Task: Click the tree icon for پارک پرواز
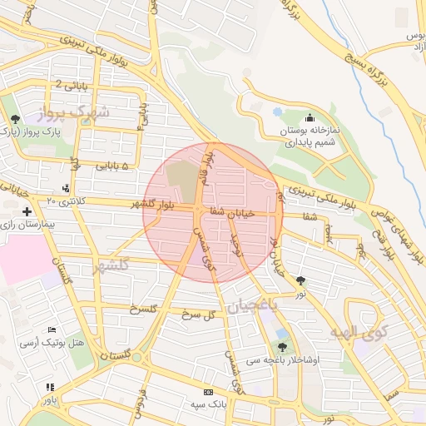(x=16, y=119)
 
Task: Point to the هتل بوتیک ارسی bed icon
(x=52, y=330)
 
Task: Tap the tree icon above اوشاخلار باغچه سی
(x=282, y=347)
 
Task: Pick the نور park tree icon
(x=300, y=281)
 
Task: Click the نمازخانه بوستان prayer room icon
(x=310, y=118)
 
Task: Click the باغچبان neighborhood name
(x=246, y=305)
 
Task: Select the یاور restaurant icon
(x=50, y=387)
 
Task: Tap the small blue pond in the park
(x=277, y=111)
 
